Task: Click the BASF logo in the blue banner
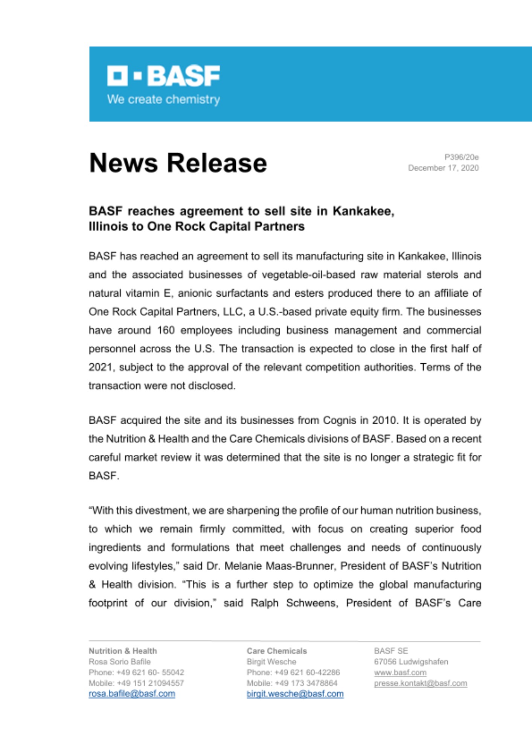(x=163, y=76)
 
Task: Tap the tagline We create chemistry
(x=163, y=99)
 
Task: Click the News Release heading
(x=178, y=163)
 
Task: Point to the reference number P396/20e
(x=461, y=157)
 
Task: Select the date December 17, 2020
(x=443, y=168)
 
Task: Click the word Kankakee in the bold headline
(x=363, y=211)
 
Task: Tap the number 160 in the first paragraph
(x=166, y=330)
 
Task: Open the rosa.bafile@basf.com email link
(x=132, y=694)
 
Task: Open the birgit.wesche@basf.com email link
(x=295, y=694)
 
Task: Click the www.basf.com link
(x=400, y=672)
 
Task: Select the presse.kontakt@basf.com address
(x=420, y=683)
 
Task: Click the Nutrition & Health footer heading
(x=123, y=651)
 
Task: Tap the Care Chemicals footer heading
(x=277, y=651)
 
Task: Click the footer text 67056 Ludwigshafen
(x=411, y=662)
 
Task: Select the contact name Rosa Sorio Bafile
(x=119, y=662)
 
